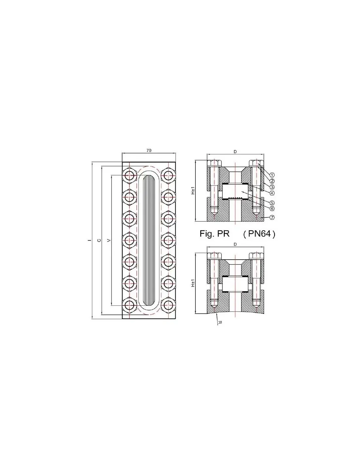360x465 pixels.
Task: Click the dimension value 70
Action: point(149,150)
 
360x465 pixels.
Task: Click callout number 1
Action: point(272,175)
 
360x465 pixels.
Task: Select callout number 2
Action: point(272,181)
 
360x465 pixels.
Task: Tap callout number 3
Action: point(272,187)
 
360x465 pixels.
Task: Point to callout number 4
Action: point(272,193)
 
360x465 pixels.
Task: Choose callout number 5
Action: point(272,202)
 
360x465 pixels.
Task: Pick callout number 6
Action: point(272,208)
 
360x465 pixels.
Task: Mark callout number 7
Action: point(272,217)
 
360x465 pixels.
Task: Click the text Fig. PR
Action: point(214,234)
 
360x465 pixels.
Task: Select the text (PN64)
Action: point(259,234)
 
